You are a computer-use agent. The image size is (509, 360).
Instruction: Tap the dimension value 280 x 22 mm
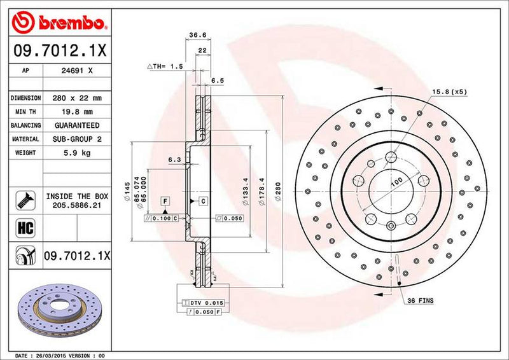pos(77,98)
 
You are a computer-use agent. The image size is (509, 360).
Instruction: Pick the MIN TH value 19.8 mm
pos(77,112)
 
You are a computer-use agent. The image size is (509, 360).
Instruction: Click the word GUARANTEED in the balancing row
pos(77,125)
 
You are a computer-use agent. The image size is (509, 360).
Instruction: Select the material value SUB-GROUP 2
pos(77,139)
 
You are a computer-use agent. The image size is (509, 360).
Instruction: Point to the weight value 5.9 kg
pos(77,153)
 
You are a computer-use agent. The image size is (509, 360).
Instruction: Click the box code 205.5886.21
pos(77,205)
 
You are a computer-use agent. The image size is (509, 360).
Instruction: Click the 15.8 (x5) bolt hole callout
pos(449,92)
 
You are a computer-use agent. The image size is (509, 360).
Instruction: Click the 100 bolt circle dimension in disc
pos(396,182)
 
